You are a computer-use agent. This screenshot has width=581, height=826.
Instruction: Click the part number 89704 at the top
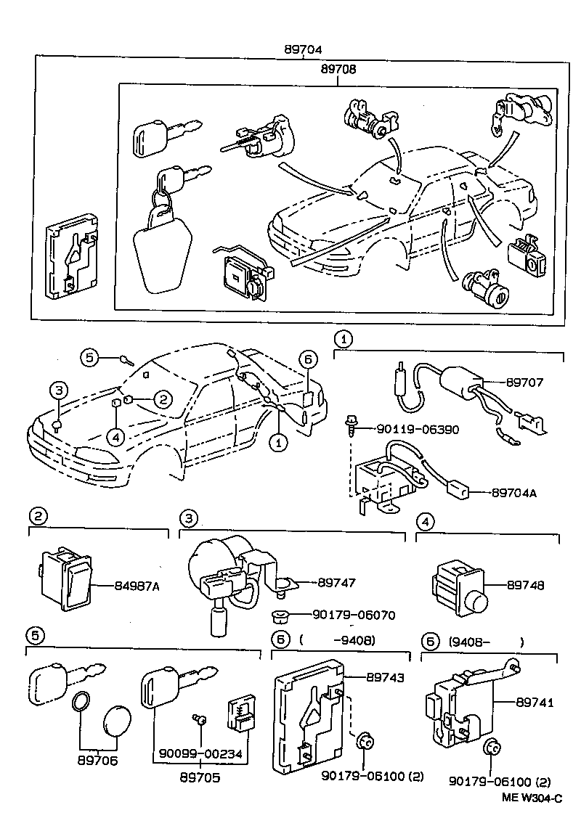tap(303, 49)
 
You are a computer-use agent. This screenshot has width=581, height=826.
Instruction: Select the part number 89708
tap(338, 69)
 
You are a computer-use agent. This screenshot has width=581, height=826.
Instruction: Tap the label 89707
tap(524, 382)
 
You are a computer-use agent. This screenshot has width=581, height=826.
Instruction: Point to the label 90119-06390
tap(418, 429)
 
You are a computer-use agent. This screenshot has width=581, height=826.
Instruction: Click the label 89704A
tap(514, 493)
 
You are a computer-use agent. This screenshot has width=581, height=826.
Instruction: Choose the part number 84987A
tap(137, 585)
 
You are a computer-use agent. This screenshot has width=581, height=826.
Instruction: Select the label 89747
tap(336, 583)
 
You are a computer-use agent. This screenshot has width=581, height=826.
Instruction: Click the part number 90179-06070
tap(354, 615)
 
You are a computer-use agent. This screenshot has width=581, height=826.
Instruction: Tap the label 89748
tap(525, 585)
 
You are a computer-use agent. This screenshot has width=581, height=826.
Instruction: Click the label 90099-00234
tap(201, 754)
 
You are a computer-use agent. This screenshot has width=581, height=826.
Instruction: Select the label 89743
tap(385, 677)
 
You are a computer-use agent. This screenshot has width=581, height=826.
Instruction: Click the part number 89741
tap(535, 702)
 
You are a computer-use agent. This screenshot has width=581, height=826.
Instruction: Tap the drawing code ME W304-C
tap(532, 798)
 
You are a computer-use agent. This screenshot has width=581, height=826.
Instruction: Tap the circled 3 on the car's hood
tap(59, 390)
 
